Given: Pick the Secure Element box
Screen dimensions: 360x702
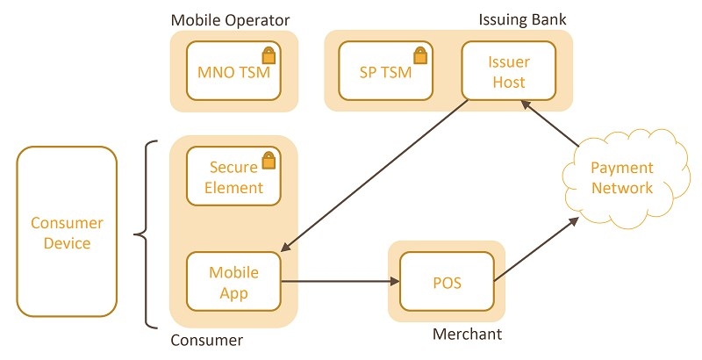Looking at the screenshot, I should (233, 176).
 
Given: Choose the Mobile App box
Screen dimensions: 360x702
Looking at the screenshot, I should (233, 282).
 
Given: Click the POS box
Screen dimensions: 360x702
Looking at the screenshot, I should (448, 282).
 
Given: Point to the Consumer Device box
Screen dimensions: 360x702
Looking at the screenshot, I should (67, 232).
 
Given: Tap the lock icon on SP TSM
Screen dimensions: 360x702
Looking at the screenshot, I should (421, 54).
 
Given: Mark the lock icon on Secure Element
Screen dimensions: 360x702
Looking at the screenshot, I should (269, 159).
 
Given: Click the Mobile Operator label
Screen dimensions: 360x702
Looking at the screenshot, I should (230, 19).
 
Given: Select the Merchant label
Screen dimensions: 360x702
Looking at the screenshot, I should (467, 334).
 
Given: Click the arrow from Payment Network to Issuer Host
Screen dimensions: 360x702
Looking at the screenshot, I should (551, 123).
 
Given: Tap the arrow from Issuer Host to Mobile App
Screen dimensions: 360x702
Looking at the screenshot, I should (377, 176).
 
